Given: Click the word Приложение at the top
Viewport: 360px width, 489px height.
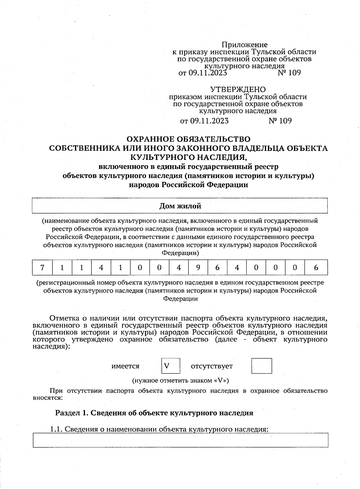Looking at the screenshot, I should point(244,45).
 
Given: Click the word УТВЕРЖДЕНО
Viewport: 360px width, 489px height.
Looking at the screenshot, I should point(238,89).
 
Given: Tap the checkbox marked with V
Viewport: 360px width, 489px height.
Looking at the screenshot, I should point(170,366).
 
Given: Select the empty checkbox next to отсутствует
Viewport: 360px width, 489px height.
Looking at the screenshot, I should point(262,366).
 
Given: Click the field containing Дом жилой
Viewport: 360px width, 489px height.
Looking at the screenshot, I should point(180,206).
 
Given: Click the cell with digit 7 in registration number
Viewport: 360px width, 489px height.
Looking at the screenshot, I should point(42,267).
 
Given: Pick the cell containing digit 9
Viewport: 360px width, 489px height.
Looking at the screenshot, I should point(198,267).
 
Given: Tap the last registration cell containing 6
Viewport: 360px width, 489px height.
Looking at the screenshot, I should point(316,267).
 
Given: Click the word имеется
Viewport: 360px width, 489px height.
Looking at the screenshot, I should point(125,366).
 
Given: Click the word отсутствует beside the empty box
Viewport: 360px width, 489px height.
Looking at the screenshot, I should point(212,366).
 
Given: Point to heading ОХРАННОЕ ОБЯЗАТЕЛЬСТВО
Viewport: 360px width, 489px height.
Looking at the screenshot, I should point(188,139).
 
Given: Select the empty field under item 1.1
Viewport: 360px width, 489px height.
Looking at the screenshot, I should point(180,440).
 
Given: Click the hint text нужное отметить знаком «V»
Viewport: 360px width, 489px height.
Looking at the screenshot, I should point(181,380).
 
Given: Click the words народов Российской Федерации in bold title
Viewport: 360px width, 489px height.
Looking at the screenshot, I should point(188,185).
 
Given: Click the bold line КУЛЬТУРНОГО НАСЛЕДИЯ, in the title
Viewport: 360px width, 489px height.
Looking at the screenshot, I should point(188,157).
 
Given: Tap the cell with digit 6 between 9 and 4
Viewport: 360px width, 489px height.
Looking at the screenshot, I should point(217,267).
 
